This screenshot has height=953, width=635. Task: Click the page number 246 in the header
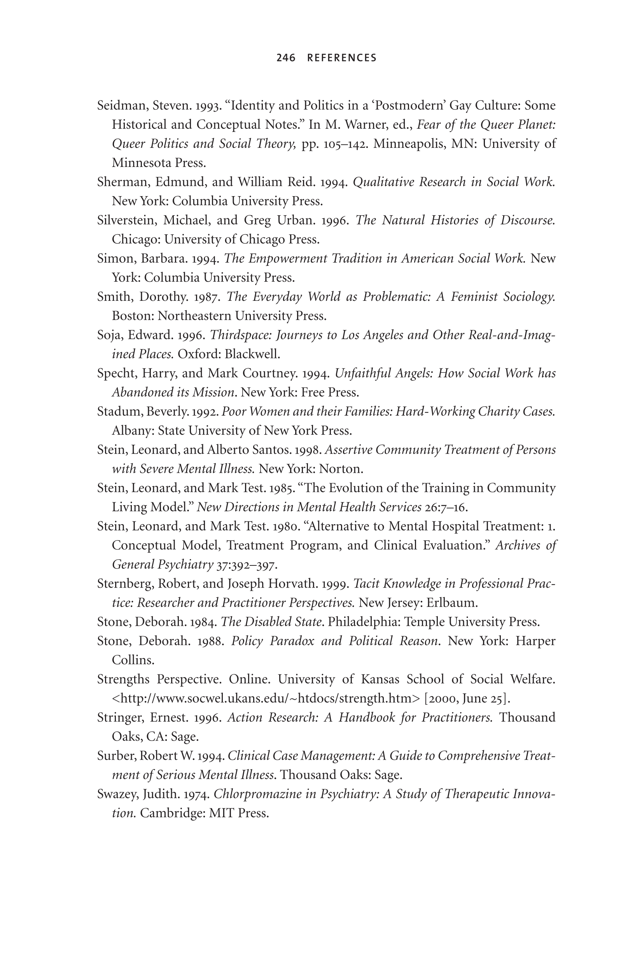tap(286, 58)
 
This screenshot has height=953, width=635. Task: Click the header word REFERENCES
tap(342, 58)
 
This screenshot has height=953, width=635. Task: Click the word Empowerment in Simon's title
tap(287, 258)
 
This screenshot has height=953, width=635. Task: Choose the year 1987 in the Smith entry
tap(206, 297)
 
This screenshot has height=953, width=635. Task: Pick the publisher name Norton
tap(341, 469)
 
